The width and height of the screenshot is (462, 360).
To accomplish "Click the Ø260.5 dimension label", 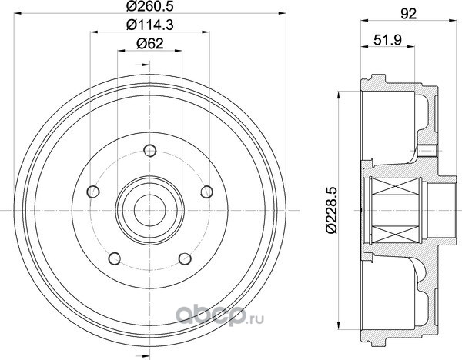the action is (x=149, y=6).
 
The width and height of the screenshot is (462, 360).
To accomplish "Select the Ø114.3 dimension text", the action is (x=149, y=25).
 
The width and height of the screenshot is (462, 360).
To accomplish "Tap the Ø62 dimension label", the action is (x=149, y=44).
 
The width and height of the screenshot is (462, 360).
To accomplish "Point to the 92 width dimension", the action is (x=408, y=14).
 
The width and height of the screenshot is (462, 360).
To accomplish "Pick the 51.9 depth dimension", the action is (x=388, y=40).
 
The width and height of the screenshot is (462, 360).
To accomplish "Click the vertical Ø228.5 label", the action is (x=331, y=210).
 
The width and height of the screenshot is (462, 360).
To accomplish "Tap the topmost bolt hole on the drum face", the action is (x=150, y=151).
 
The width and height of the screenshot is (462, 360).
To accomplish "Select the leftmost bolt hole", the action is (x=93, y=192).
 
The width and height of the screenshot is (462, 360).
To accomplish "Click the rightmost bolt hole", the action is (x=207, y=192).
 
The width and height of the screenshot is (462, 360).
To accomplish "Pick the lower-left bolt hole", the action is (x=115, y=258).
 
